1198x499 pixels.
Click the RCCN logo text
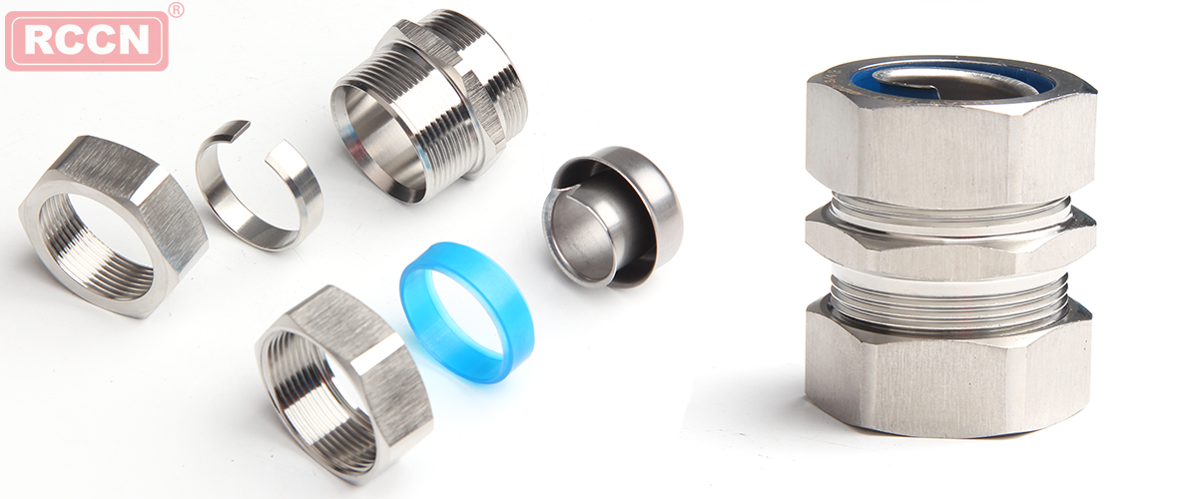(87, 41)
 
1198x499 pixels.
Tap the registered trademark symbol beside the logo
(176, 10)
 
